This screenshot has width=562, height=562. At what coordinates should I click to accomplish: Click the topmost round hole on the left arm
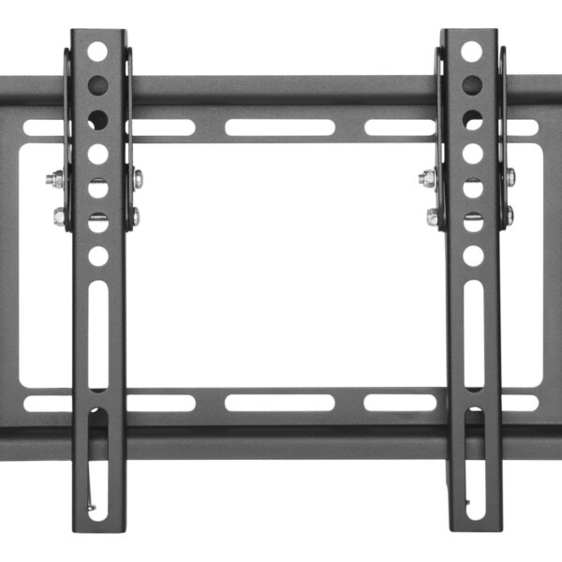97,52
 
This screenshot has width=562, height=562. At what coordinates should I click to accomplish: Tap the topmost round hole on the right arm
472,52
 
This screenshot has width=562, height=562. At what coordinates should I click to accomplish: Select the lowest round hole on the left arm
97,255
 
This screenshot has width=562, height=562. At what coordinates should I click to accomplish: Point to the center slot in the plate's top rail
280,127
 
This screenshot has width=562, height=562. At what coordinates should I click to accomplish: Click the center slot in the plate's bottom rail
280,402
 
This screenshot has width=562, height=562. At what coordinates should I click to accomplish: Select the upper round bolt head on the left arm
137,177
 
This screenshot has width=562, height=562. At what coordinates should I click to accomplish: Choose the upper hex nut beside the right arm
428,178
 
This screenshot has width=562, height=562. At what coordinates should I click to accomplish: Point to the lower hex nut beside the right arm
433,216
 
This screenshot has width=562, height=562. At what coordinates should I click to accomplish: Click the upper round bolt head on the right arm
510,177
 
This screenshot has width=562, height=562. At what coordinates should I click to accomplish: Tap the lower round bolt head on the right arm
509,215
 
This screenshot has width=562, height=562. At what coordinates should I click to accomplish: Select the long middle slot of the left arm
97,333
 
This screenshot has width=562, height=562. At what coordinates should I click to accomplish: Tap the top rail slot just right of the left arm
162,127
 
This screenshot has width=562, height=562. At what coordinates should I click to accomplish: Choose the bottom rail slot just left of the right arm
400,402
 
